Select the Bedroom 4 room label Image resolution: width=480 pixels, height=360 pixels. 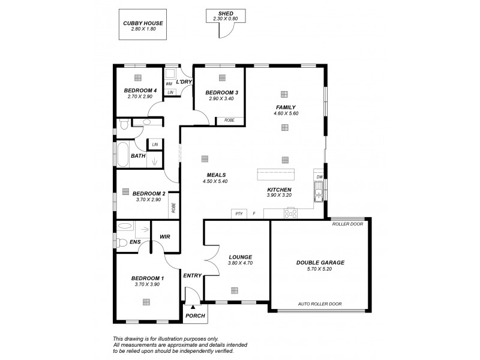coord(141,91)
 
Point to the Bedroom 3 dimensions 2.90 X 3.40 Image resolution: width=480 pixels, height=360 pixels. coord(221,99)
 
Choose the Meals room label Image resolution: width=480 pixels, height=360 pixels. coord(215,175)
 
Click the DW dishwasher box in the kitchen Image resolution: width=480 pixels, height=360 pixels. coord(320,177)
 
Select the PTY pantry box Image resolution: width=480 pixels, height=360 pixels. coord(239,214)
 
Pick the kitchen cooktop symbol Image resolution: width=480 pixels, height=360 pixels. coord(290,214)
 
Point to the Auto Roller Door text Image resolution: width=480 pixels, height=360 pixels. coord(320,304)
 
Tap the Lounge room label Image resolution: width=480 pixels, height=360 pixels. coord(240,256)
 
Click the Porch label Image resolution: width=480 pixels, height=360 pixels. coord(195,316)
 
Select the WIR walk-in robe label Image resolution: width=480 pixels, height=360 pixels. coord(165,236)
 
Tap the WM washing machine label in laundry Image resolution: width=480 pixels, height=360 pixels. coord(169,83)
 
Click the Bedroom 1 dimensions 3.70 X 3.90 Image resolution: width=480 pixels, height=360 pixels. coord(146,284)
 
